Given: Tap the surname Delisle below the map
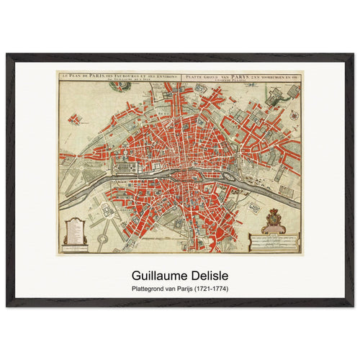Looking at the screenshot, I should click(206, 274).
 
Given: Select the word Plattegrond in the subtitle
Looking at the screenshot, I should click(150, 289).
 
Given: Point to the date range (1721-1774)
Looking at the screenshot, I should click(209, 289).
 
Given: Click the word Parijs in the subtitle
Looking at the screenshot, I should click(183, 289).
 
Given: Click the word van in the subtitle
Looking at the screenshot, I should click(170, 289).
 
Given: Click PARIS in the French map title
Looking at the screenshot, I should click(98, 75).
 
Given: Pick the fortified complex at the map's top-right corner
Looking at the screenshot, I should click(281, 94).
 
